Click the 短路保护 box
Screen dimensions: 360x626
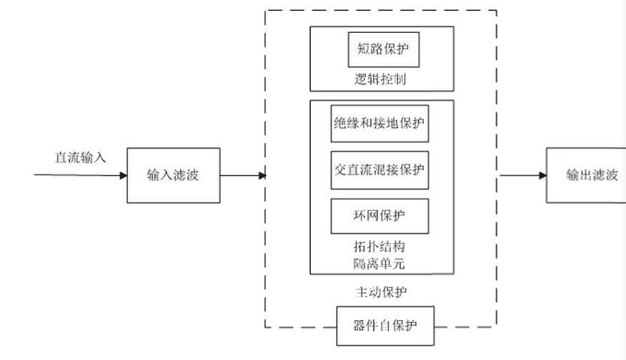383,50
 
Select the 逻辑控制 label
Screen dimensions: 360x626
380,79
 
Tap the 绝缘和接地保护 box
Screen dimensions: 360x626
379,124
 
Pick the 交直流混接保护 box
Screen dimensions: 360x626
379,170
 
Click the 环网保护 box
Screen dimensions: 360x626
379,216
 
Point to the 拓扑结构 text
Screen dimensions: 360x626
379,246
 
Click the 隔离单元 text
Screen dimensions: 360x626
379,264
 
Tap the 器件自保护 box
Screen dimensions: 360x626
385,326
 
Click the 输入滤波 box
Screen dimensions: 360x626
173,175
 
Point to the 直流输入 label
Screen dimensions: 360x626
81,157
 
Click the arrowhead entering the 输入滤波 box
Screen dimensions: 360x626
122,175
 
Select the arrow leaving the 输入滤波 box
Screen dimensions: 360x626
243,175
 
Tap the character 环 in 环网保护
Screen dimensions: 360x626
360,216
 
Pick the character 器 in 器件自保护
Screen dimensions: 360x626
361,326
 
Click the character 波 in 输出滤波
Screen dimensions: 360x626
610,175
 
